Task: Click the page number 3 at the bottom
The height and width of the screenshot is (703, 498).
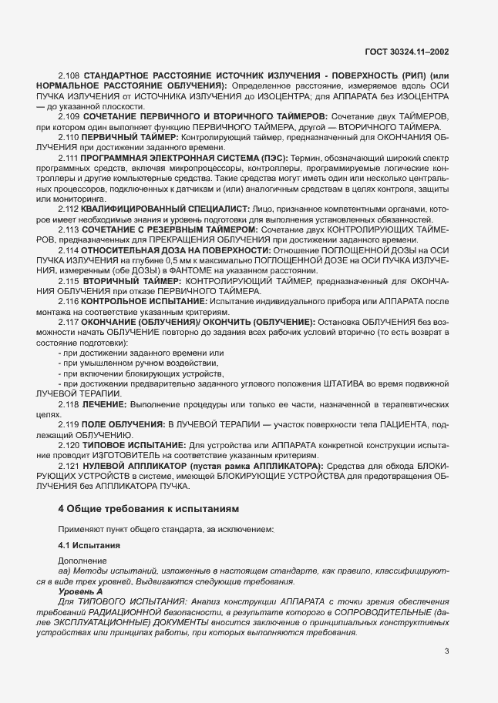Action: (446, 651)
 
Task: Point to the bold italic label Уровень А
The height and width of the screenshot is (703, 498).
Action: (79, 590)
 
